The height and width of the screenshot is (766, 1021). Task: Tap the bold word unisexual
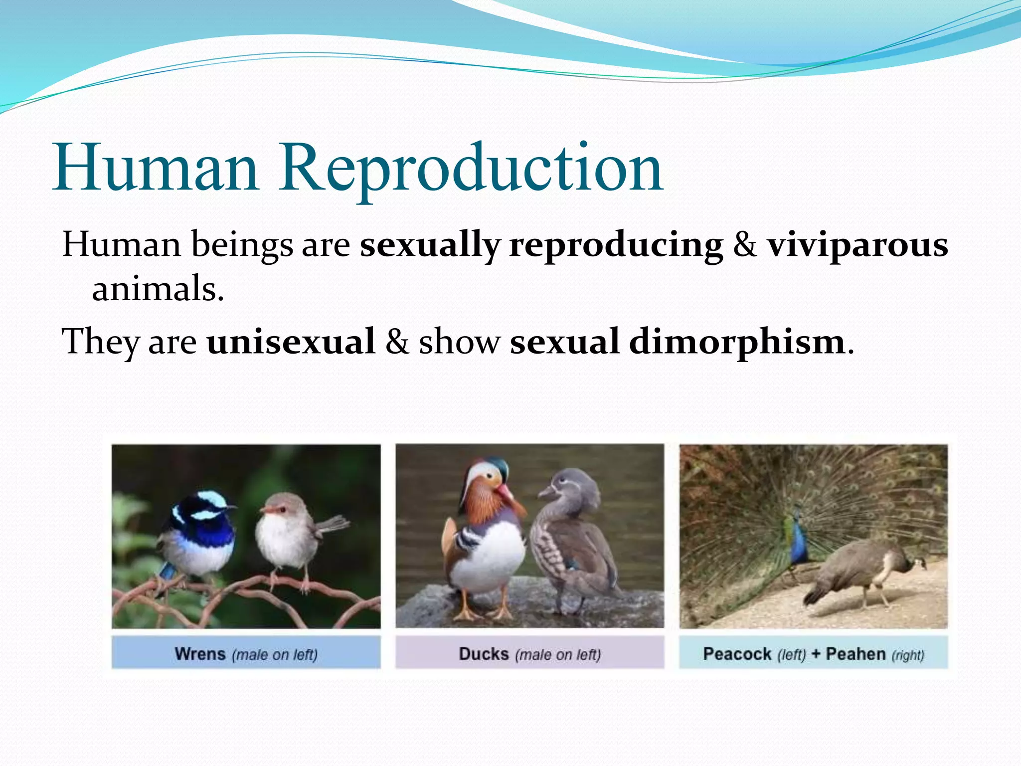click(x=291, y=342)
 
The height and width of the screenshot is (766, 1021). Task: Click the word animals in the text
click(x=158, y=289)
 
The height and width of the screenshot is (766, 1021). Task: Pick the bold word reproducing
click(x=616, y=245)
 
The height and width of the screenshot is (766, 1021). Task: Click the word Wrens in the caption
click(x=200, y=654)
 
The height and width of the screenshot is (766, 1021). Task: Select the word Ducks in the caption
click(x=484, y=654)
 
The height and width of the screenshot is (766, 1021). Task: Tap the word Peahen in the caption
click(x=855, y=654)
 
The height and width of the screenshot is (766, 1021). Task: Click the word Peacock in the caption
click(x=737, y=654)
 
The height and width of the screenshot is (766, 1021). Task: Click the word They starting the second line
click(x=100, y=342)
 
